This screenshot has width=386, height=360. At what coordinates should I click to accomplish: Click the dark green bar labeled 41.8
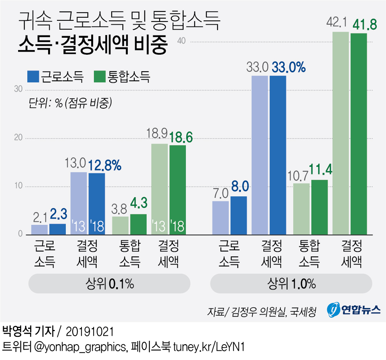(x=359, y=134)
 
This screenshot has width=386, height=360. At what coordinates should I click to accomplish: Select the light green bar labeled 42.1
(x=341, y=133)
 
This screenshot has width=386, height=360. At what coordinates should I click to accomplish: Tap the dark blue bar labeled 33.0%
(x=278, y=155)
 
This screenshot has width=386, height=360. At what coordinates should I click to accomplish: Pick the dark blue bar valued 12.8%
(x=97, y=204)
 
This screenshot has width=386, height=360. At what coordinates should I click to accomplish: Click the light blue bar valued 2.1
(x=39, y=229)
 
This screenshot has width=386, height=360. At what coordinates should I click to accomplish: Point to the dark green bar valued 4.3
(x=138, y=224)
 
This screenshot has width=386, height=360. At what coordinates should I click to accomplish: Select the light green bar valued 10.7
(x=301, y=209)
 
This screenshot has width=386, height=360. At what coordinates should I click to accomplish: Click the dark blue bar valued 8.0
(x=239, y=215)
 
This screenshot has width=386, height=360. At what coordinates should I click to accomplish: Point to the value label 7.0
(x=220, y=193)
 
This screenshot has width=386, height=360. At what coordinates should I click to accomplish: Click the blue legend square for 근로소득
(x=33, y=76)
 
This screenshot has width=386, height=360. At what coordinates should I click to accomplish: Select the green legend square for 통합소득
(x=100, y=76)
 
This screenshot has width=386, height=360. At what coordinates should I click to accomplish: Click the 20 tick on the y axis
(x=17, y=138)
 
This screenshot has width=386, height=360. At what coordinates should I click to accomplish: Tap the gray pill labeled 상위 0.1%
(x=110, y=285)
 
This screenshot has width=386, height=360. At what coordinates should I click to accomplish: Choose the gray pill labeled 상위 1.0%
(x=291, y=285)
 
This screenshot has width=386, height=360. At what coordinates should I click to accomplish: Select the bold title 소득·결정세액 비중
(x=93, y=46)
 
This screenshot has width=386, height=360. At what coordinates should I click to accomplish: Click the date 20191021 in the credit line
(x=89, y=332)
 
